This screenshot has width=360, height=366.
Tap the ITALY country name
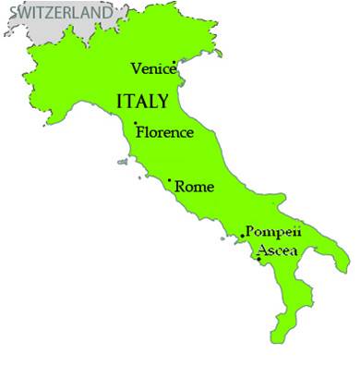coord(142,100)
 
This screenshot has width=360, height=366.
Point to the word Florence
coord(165,132)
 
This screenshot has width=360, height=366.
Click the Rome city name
coord(194,187)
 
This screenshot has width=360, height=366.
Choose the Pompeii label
coord(272,233)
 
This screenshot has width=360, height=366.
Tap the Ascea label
coord(276,251)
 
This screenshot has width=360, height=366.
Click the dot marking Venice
coord(175,63)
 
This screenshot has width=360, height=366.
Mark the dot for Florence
coord(136,124)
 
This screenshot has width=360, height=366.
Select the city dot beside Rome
coord(169,180)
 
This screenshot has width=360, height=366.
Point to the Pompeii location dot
coord(242,236)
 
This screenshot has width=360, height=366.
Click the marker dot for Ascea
coord(258,258)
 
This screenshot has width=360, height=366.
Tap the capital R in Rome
coord(180,187)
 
